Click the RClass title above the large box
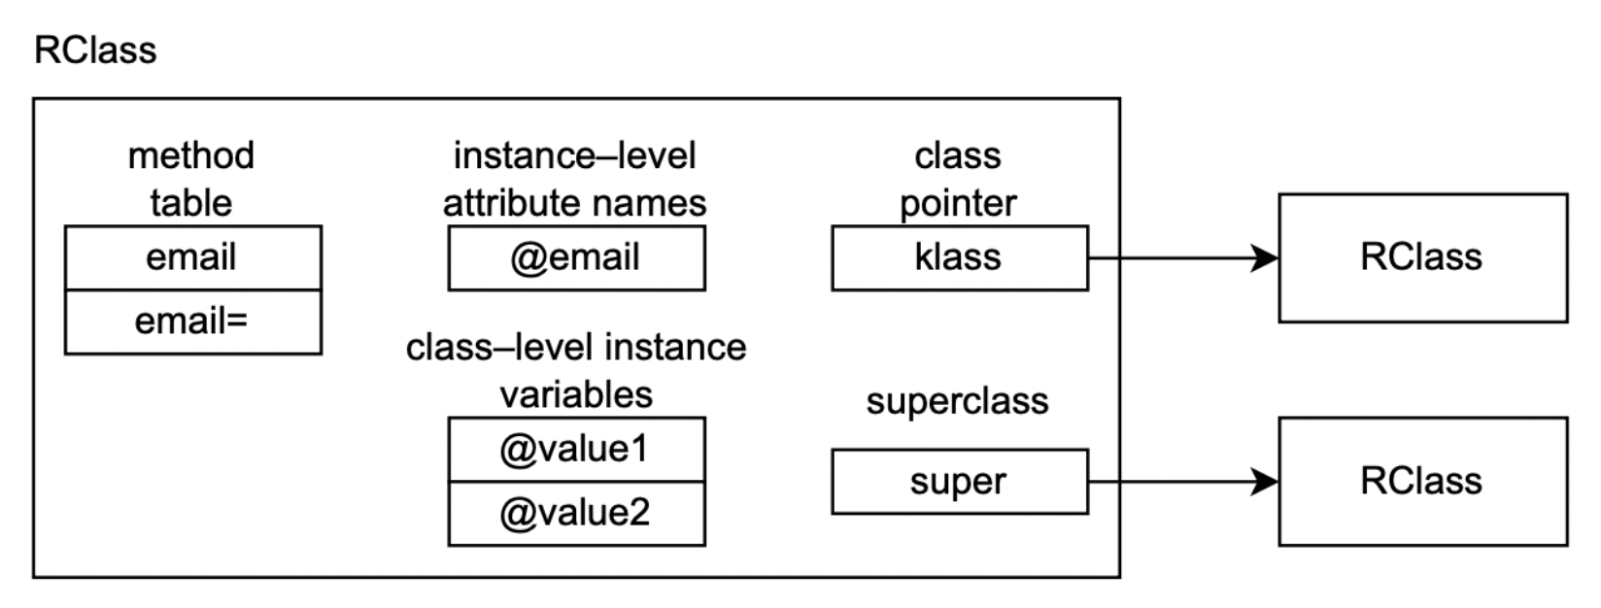pyautogui.click(x=95, y=51)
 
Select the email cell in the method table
pyautogui.click(x=193, y=258)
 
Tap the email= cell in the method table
pyautogui.click(x=193, y=322)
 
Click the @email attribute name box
pyautogui.click(x=577, y=258)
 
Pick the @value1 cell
pyautogui.click(x=577, y=450)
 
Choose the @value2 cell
pyautogui.click(x=577, y=514)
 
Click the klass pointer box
pyautogui.click(x=960, y=258)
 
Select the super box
pyautogui.click(x=960, y=482)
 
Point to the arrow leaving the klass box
pyautogui.click(x=1183, y=258)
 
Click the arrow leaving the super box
pyautogui.click(x=1183, y=482)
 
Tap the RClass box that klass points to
pyautogui.click(x=1423, y=258)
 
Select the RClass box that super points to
pyautogui.click(x=1423, y=482)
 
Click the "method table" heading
pyautogui.click(x=190, y=180)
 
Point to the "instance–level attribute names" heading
pyautogui.click(x=575, y=180)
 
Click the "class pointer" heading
pyautogui.click(x=958, y=180)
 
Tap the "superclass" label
pyautogui.click(x=958, y=401)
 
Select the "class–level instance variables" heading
pyautogui.click(x=576, y=371)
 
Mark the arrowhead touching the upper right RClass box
pyautogui.click(x=1264, y=258)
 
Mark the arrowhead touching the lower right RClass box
pyautogui.click(x=1264, y=482)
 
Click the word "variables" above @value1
pyautogui.click(x=576, y=394)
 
